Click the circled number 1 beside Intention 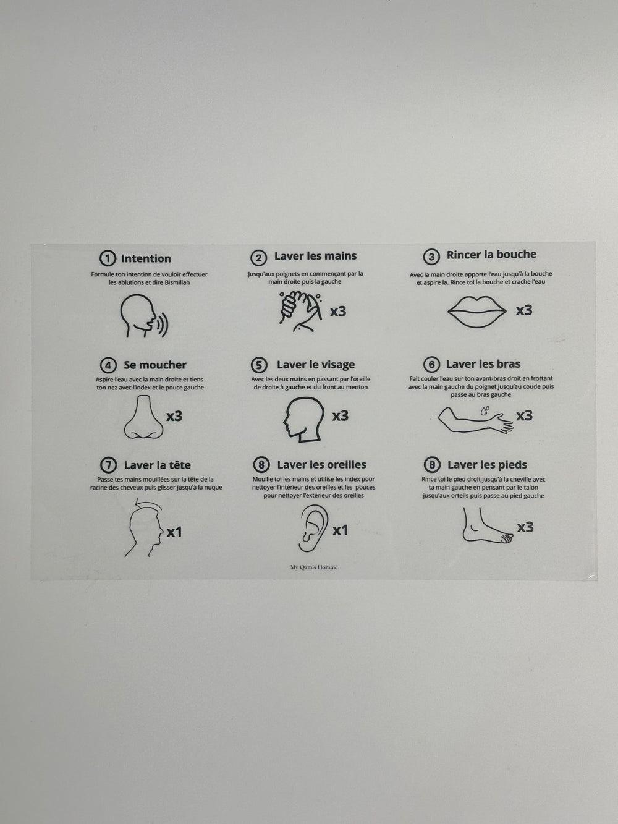click(x=108, y=258)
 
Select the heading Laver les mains click(x=315, y=256)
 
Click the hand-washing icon click(x=300, y=312)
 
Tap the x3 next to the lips click(x=524, y=310)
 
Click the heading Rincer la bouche click(x=491, y=255)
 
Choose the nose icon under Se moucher click(x=144, y=417)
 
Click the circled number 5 click(x=259, y=365)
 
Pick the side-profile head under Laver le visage click(x=303, y=419)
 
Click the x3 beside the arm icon click(x=525, y=415)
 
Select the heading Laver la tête click(x=157, y=465)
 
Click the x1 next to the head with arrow click(x=174, y=532)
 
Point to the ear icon click(x=313, y=528)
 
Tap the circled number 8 click(x=261, y=465)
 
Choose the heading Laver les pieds click(x=487, y=465)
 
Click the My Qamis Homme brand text click(x=314, y=567)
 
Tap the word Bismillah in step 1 click(x=177, y=282)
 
